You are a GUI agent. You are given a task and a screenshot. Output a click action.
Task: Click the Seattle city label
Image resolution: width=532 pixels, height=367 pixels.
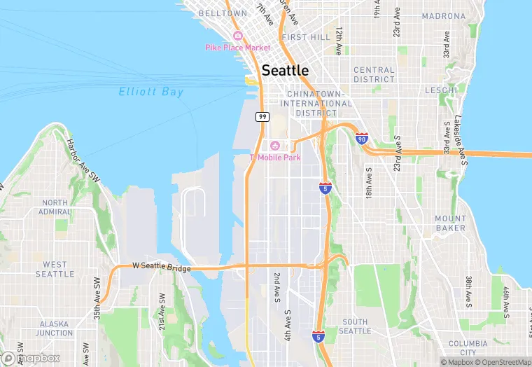pyautogui.click(x=284, y=71)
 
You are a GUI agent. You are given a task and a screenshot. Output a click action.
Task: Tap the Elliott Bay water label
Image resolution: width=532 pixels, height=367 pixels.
pyautogui.click(x=151, y=92)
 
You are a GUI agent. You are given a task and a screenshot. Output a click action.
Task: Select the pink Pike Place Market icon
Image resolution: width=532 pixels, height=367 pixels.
pyautogui.click(x=238, y=36)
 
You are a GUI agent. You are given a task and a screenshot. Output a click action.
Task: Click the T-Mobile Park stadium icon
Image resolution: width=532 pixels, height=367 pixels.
pyautogui.click(x=275, y=146)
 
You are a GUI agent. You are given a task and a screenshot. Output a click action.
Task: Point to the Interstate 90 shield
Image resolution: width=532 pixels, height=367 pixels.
pyautogui.click(x=362, y=139)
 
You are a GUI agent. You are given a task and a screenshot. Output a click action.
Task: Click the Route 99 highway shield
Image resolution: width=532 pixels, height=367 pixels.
pyautogui.click(x=262, y=116)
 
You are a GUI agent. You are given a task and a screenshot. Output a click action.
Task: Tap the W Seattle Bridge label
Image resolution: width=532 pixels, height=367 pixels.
pyautogui.click(x=162, y=266)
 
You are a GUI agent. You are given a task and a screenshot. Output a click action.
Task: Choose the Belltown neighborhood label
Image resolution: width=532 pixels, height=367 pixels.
pyautogui.click(x=223, y=13)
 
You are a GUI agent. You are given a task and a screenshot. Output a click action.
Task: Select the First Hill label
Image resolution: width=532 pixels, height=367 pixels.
pyautogui.click(x=305, y=36)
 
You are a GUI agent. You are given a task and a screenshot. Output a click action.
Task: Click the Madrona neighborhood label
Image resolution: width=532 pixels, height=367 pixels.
pyautogui.click(x=444, y=15)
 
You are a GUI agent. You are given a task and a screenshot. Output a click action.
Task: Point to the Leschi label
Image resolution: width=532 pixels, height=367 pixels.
pyautogui.click(x=441, y=90)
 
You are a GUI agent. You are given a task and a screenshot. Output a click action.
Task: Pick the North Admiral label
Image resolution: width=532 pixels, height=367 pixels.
pyautogui.click(x=55, y=207)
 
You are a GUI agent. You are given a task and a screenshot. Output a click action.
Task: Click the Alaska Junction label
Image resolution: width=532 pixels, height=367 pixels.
pyautogui.click(x=55, y=328)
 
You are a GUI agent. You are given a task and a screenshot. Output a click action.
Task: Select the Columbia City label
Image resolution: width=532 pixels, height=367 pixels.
pyautogui.click(x=468, y=348)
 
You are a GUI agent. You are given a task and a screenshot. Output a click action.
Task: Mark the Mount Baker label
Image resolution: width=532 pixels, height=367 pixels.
pyautogui.click(x=450, y=223)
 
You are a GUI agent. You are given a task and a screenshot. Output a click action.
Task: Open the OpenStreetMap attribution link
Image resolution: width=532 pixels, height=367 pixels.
pyautogui.click(x=502, y=362)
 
